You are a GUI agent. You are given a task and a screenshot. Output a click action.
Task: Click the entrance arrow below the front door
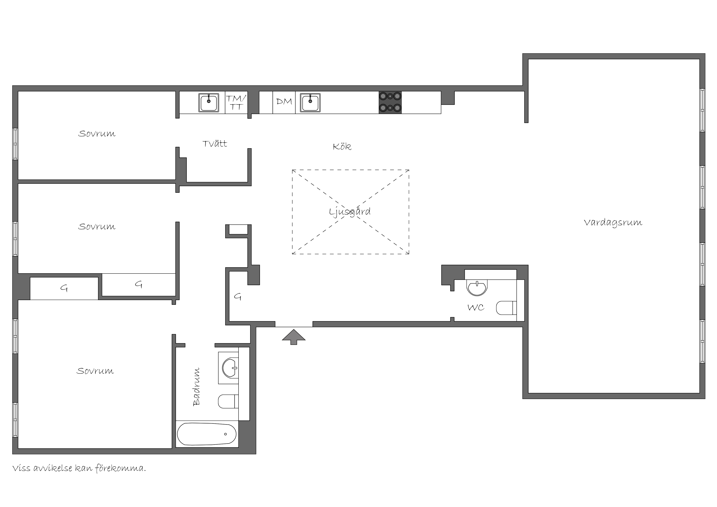point(294,337)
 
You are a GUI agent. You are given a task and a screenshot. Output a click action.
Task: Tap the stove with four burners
point(390,102)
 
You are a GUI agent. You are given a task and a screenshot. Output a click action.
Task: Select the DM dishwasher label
point(284,102)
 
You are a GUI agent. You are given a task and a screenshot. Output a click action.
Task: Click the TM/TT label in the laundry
point(236,102)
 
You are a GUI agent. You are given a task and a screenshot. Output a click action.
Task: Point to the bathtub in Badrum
point(207,434)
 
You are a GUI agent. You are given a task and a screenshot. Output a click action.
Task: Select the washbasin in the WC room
point(477,287)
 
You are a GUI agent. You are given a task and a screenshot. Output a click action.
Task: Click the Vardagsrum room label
point(613,223)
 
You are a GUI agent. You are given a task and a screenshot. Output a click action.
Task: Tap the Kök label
point(342,147)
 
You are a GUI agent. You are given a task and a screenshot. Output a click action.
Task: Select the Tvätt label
point(215,144)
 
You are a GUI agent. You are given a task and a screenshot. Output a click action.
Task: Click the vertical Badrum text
point(196,387)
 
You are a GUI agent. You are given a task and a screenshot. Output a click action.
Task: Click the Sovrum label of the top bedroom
point(97,134)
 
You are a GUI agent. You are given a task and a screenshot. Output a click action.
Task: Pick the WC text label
point(476,308)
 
